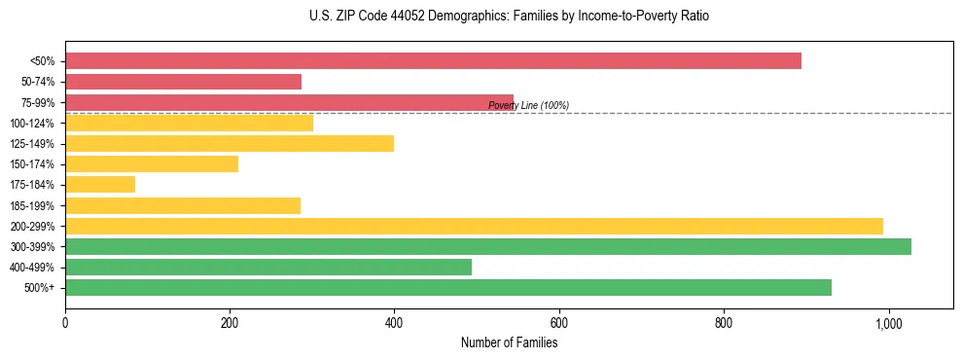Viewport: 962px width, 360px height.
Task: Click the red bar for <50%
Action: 433,61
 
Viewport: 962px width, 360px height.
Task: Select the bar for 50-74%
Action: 183,82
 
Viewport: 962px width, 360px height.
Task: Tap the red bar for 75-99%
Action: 289,102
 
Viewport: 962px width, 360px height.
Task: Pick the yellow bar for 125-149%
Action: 230,144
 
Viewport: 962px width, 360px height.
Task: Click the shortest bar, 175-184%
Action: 100,185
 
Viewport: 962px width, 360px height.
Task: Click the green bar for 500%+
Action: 448,288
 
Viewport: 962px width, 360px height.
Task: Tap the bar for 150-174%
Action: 152,164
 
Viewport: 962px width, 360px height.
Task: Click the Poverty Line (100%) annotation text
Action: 528,105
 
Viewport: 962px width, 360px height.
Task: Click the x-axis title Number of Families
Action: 510,342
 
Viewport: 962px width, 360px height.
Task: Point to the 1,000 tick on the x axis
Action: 888,322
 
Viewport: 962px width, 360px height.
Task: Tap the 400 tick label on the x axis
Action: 394,322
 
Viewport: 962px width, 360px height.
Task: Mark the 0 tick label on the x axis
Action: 65,322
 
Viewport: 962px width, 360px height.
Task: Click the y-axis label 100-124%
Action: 32,124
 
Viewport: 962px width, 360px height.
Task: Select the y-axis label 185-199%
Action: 32,206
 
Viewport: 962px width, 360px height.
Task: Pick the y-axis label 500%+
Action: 39,288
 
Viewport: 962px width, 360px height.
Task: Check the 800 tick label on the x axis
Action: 724,322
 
